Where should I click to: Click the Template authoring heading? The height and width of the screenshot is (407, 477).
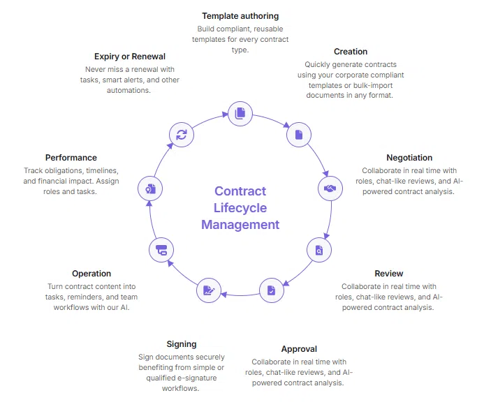point(240,15)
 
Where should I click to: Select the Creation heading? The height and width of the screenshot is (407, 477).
point(351,52)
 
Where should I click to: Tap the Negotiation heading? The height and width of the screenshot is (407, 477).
point(409,158)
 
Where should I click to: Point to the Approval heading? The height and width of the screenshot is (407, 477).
point(299,349)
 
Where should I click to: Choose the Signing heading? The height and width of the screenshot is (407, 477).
point(182,344)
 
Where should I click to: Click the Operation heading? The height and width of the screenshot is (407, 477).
point(91,274)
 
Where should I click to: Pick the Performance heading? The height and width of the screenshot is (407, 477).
point(71,158)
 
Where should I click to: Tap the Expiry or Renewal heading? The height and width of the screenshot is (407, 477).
point(130,57)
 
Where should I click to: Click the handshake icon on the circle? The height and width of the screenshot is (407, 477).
point(330,188)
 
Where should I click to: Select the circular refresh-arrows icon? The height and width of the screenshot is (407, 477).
point(182,135)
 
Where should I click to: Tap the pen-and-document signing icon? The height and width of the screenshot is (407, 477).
point(207,290)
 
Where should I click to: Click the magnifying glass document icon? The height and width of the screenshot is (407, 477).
point(319,250)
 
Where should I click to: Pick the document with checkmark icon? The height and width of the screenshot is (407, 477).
point(271,290)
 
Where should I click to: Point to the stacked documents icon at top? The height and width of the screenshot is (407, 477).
point(240,113)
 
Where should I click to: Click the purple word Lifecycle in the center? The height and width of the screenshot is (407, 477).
point(240,208)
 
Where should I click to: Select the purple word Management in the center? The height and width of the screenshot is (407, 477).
point(240,225)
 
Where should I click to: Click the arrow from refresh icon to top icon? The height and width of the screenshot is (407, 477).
point(208,119)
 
